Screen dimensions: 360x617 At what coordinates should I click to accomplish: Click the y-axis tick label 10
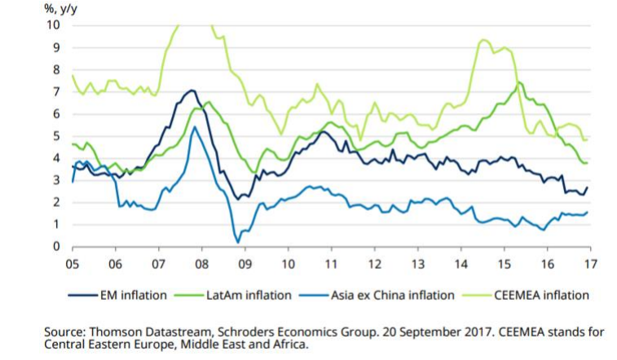(x=55, y=24)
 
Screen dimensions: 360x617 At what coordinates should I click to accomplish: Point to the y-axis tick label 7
(x=57, y=91)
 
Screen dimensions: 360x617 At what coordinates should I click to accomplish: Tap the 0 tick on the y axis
(x=57, y=247)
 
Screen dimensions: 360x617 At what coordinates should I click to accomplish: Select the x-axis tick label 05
(x=73, y=265)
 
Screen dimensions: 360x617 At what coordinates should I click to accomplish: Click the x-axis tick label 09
(x=244, y=265)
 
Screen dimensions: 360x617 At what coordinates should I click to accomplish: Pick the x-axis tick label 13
(x=416, y=265)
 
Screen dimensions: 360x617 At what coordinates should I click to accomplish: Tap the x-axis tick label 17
(x=588, y=265)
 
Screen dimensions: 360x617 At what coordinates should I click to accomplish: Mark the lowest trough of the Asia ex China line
(x=237, y=242)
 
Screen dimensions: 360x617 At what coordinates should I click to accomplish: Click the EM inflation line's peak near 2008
(x=192, y=90)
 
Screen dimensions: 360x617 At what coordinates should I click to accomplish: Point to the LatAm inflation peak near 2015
(x=518, y=82)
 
